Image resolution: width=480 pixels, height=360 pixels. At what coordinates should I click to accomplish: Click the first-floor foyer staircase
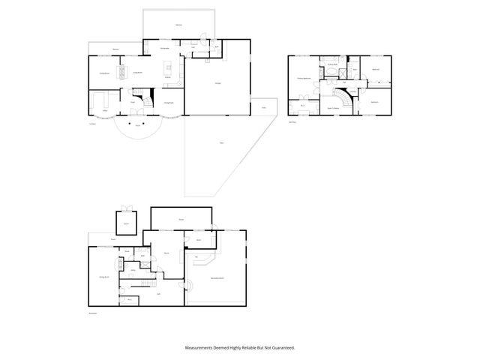[133, 97]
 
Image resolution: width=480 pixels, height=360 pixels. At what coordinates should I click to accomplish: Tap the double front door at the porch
[137, 115]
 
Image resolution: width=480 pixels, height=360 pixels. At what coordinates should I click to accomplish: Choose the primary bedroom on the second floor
[304, 78]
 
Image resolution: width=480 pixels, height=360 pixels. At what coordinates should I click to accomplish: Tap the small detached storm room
[127, 223]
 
